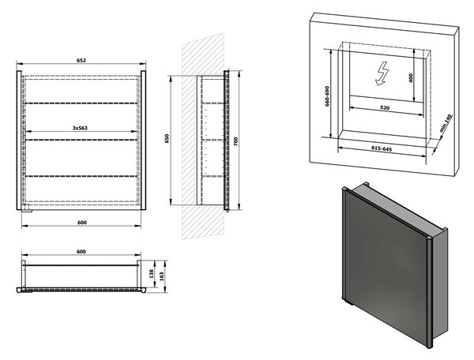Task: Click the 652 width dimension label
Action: point(81,61)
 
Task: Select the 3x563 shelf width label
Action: point(80,128)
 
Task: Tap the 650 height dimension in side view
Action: point(167,138)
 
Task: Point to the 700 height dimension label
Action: point(236,141)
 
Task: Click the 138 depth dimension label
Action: point(152,274)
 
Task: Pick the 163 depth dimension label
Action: point(161,276)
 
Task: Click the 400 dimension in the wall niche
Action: point(410,78)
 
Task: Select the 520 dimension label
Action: point(385,107)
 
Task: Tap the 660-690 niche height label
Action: point(327,96)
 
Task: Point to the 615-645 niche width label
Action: point(382,148)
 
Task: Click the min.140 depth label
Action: point(446,123)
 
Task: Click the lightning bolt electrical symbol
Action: point(382,73)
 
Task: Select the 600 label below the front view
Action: point(82,223)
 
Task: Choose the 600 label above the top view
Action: point(81,251)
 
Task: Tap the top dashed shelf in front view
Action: point(81,103)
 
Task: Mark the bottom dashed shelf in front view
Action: point(81,176)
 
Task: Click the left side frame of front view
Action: point(19,141)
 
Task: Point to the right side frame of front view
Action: point(143,141)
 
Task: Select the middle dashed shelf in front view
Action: point(81,140)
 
